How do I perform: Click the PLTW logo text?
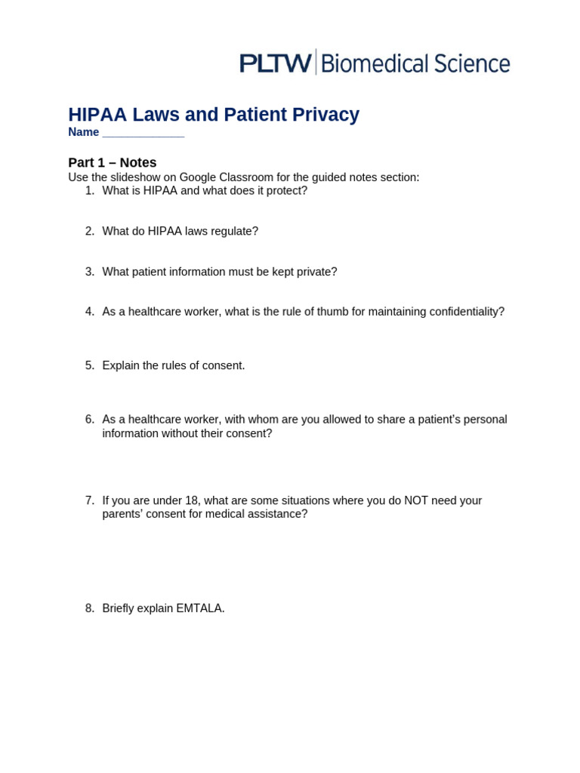click(x=275, y=63)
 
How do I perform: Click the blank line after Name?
click(x=143, y=133)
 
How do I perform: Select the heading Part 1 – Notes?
click(x=113, y=162)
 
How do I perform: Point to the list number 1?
click(x=90, y=191)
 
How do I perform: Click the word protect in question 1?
click(x=283, y=191)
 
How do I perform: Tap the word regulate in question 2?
click(x=234, y=231)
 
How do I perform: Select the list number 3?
click(x=90, y=272)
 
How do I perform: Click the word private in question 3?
click(x=316, y=272)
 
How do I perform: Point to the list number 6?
click(x=90, y=420)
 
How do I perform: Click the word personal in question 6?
click(x=485, y=420)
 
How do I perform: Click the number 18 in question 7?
click(x=191, y=500)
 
